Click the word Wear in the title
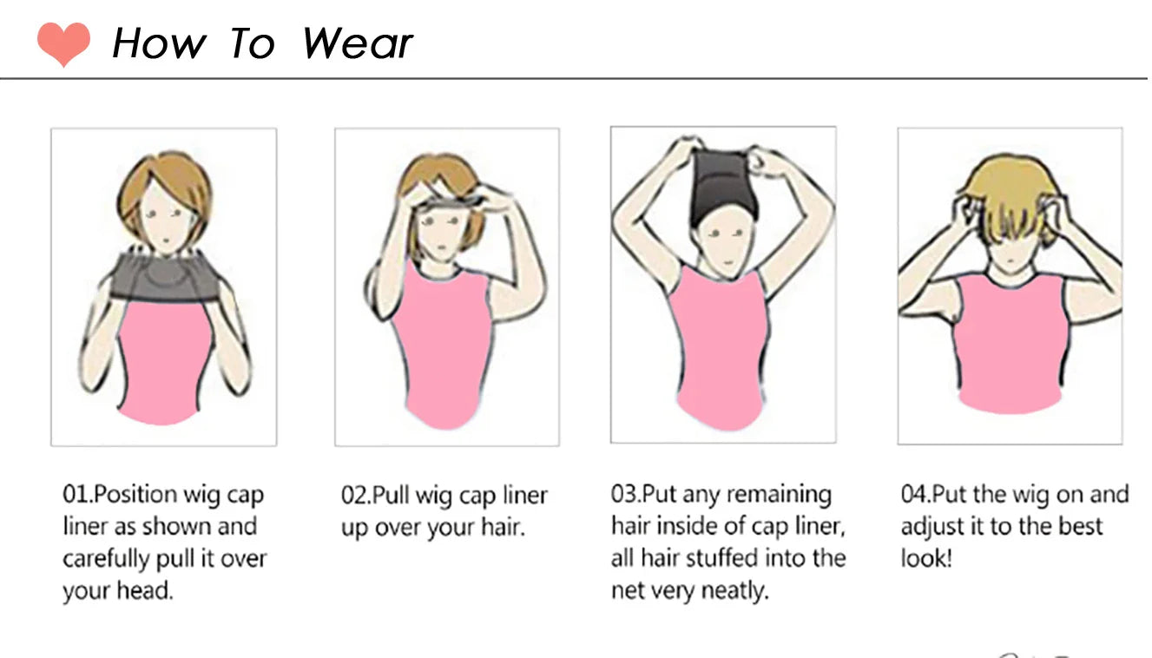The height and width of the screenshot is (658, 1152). (358, 43)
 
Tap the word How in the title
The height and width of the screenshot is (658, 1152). (159, 43)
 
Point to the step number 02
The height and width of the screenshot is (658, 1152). (354, 496)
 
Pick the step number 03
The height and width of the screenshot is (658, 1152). (624, 494)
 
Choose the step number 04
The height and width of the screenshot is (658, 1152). (914, 495)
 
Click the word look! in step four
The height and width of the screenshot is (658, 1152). (926, 558)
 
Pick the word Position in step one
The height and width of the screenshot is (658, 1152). (135, 495)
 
